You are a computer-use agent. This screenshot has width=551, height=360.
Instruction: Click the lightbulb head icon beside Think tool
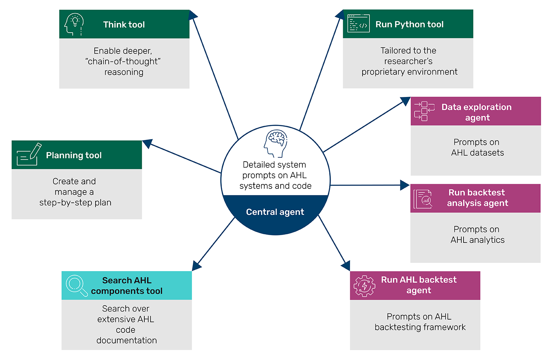74,24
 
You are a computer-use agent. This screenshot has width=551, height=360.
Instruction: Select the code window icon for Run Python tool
358,24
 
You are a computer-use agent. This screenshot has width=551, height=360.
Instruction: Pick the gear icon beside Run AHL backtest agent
364,286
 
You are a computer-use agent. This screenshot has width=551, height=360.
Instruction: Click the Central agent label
275,212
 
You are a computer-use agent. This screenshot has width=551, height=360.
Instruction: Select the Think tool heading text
124,25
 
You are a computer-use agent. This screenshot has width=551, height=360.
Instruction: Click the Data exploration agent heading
476,112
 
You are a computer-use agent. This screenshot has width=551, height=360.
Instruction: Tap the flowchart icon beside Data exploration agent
424,111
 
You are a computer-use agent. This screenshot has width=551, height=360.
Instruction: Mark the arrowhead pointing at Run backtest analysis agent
405,185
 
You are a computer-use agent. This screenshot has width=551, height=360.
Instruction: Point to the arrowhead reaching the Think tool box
192,15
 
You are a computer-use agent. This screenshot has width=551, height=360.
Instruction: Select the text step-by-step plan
75,202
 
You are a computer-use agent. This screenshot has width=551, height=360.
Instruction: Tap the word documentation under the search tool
126,340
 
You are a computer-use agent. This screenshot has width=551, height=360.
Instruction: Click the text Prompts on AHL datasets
477,147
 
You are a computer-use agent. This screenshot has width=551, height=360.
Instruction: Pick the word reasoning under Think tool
124,72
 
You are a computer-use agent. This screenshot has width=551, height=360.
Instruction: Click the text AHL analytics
478,240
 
